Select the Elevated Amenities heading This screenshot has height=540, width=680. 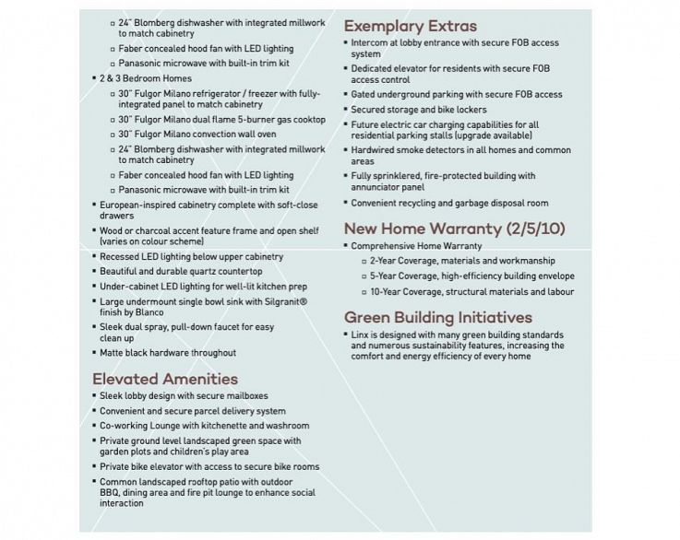click(165, 378)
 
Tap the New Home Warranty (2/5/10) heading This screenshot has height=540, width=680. click(455, 229)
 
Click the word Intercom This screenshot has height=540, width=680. click(370, 42)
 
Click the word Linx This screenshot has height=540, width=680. click(362, 335)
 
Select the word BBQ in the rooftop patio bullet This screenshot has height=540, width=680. click(111, 493)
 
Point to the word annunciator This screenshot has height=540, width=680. click(380, 186)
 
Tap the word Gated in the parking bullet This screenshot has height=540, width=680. click(364, 94)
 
